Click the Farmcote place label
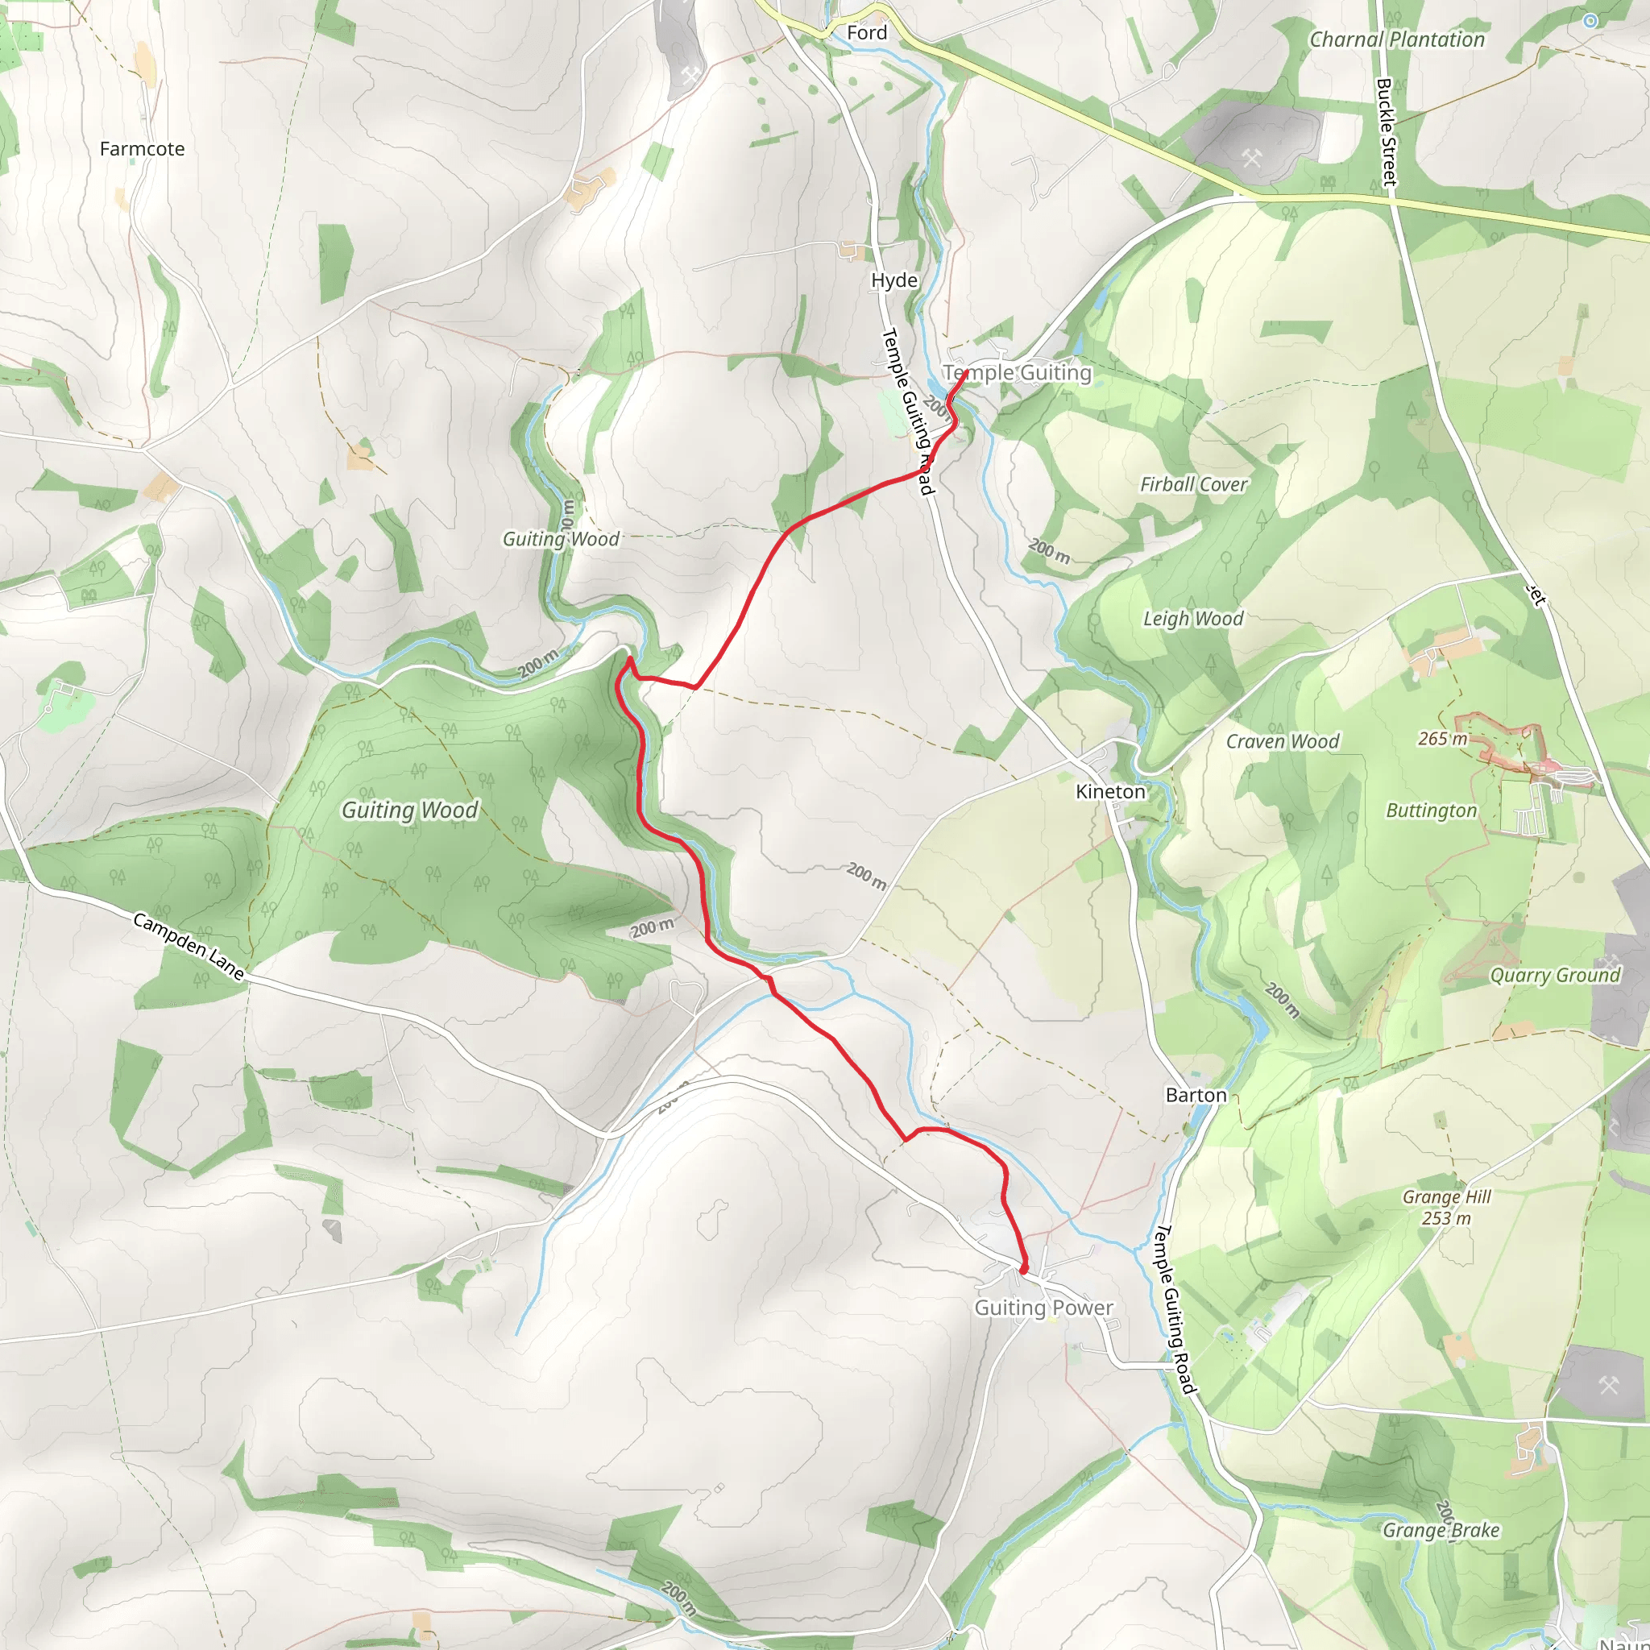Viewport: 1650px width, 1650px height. pyautogui.click(x=142, y=150)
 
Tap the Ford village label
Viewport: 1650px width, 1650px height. pyautogui.click(x=867, y=33)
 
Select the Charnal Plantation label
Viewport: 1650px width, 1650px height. pyautogui.click(x=1396, y=40)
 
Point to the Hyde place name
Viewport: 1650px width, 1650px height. pyautogui.click(x=894, y=281)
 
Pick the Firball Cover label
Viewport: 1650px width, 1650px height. pyautogui.click(x=1193, y=485)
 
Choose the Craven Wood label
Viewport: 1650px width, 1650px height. pyautogui.click(x=1282, y=742)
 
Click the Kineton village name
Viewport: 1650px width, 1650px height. pyautogui.click(x=1110, y=793)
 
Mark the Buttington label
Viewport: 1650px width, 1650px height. pyautogui.click(x=1431, y=811)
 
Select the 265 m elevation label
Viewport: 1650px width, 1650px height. pyautogui.click(x=1442, y=740)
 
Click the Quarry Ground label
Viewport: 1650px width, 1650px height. pyautogui.click(x=1554, y=976)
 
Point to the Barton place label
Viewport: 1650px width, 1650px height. pyautogui.click(x=1196, y=1096)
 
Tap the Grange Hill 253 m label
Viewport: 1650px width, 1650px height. pyautogui.click(x=1447, y=1208)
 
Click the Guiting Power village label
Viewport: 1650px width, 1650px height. pyautogui.click(x=1043, y=1308)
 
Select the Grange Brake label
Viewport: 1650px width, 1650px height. pyautogui.click(x=1441, y=1531)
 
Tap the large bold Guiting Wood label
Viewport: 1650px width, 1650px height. pyautogui.click(x=410, y=810)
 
